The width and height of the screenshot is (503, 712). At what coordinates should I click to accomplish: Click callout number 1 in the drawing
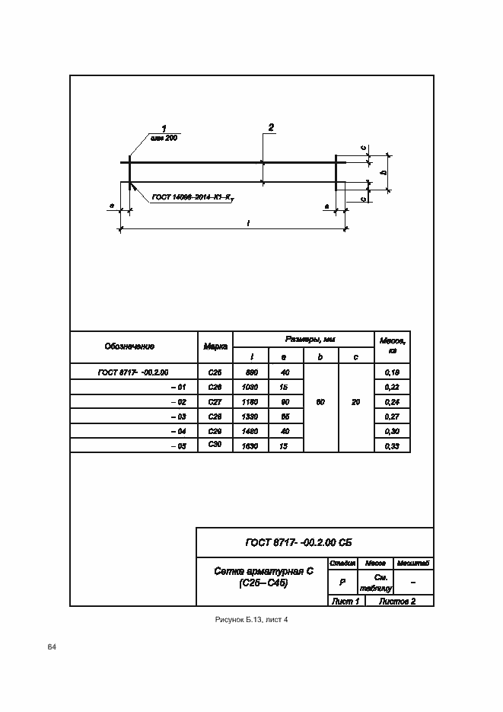click(163, 128)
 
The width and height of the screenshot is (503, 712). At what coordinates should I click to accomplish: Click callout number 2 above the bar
click(271, 127)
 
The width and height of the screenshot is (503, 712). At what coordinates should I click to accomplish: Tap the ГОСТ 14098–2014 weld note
click(193, 198)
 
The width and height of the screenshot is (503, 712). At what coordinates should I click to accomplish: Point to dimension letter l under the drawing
click(249, 222)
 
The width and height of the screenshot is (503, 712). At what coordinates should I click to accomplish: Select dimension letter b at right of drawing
click(384, 172)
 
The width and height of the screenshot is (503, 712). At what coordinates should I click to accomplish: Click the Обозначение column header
click(129, 346)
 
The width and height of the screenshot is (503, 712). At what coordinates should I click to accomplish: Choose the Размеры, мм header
click(303, 339)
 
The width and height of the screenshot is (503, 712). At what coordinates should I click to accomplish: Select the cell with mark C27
click(215, 401)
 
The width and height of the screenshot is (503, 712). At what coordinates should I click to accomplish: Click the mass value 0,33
click(393, 445)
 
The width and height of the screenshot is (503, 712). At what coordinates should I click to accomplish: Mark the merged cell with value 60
click(320, 401)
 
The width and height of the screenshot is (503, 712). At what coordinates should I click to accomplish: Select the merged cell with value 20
click(356, 401)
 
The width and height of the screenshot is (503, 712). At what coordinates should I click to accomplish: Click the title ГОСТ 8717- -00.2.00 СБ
click(298, 542)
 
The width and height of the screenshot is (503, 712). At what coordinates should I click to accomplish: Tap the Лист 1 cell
click(345, 602)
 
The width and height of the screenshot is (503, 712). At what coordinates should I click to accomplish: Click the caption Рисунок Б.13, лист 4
click(251, 620)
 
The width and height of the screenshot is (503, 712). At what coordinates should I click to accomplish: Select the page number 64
click(52, 647)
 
